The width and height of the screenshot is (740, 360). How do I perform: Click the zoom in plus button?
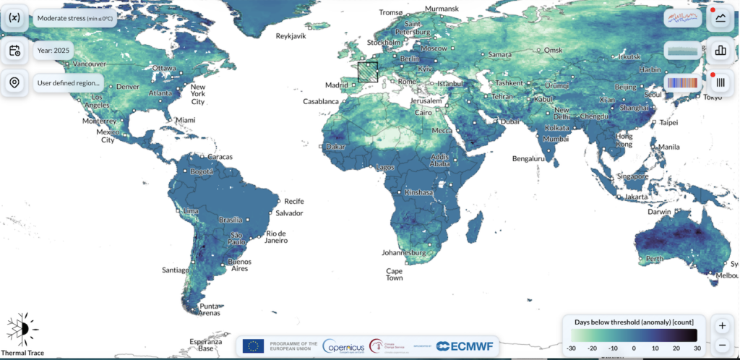click(x=722, y=326)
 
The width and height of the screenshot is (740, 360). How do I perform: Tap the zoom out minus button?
click(x=722, y=345)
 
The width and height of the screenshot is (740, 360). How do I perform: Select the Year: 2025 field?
click(x=55, y=51)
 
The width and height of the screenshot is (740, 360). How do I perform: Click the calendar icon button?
click(x=14, y=51)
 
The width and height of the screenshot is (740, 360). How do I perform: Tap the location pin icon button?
click(x=14, y=83)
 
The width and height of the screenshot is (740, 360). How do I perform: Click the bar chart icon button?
click(x=720, y=51)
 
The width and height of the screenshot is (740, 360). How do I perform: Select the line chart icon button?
click(x=720, y=19)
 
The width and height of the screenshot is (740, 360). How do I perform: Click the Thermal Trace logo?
click(x=22, y=333)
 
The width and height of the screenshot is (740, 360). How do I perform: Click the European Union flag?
click(x=253, y=346)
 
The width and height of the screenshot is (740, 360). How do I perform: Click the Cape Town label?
click(x=394, y=274)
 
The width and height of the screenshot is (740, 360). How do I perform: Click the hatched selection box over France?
click(x=368, y=73)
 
